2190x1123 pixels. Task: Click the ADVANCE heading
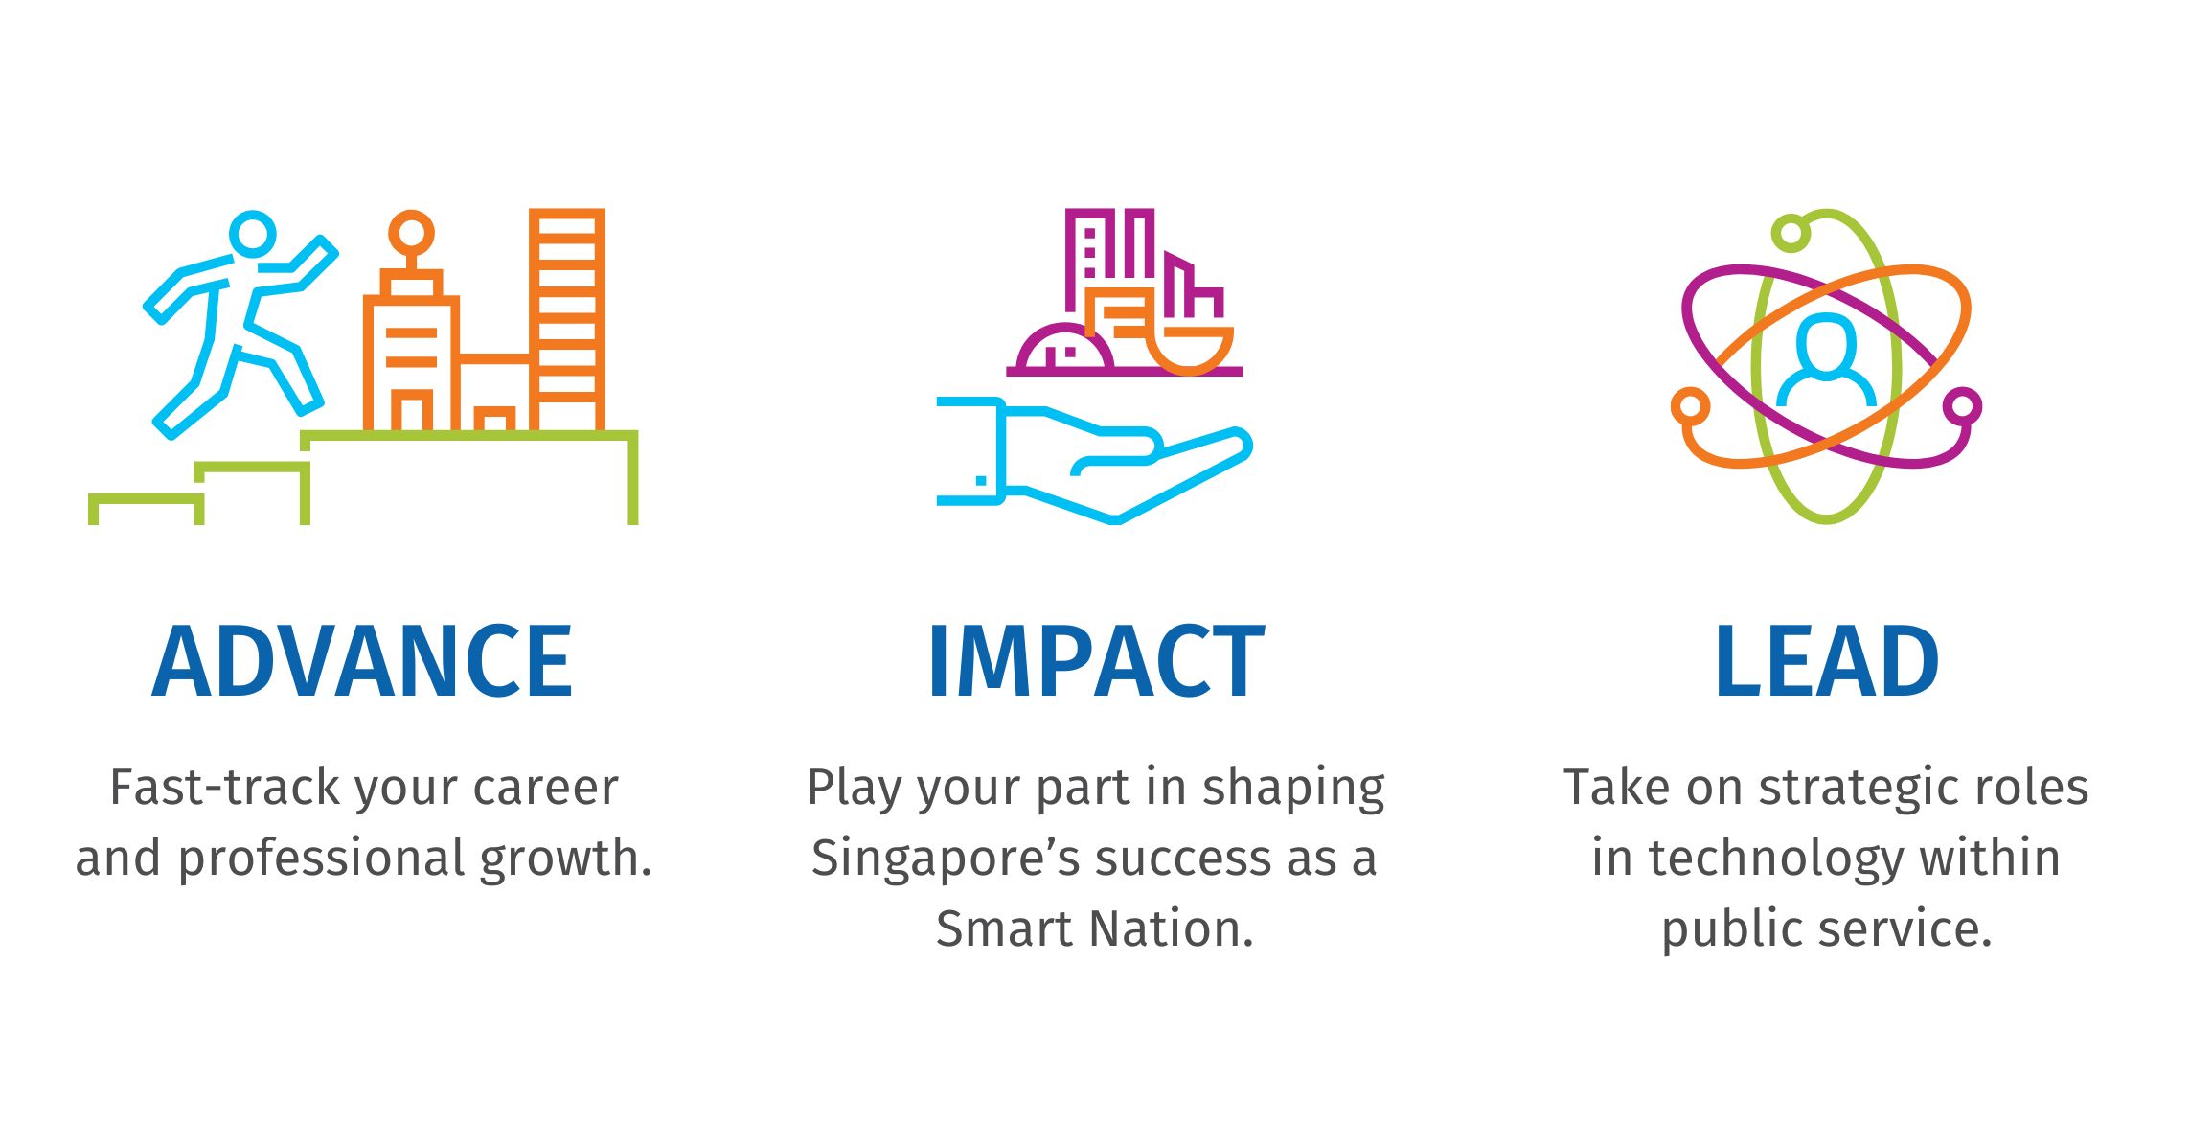pyautogui.click(x=362, y=661)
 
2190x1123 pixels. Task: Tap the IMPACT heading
pyautogui.click(x=1096, y=661)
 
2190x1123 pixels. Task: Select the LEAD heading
pyautogui.click(x=1826, y=661)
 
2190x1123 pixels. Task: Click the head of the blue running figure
pyautogui.click(x=253, y=233)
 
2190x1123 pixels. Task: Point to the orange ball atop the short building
pyautogui.click(x=411, y=232)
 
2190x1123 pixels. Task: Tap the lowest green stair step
pyautogui.click(x=146, y=503)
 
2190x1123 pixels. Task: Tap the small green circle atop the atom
pyautogui.click(x=1790, y=233)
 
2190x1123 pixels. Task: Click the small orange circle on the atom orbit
pyautogui.click(x=1690, y=406)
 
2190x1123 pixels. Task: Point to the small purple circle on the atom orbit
pyautogui.click(x=1962, y=406)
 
